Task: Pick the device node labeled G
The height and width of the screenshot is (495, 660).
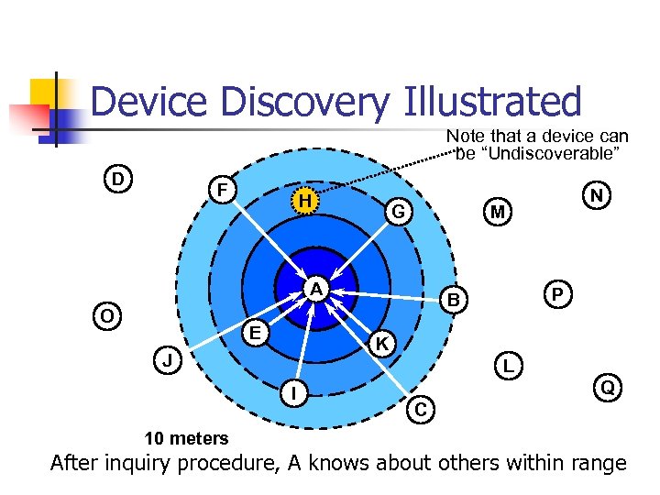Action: [x=398, y=211]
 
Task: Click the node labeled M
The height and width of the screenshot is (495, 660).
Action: [x=497, y=212]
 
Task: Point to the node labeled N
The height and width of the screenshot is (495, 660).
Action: [x=597, y=195]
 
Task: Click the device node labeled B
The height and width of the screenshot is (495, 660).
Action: [x=452, y=299]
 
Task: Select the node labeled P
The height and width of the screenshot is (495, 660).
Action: [x=557, y=292]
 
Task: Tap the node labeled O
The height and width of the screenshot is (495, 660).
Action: [x=107, y=315]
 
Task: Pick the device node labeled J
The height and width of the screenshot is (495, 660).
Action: [x=168, y=360]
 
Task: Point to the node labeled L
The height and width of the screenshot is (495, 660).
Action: [x=508, y=365]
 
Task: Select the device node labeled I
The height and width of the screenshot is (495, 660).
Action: [x=292, y=393]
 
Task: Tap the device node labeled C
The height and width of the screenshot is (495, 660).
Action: [x=420, y=409]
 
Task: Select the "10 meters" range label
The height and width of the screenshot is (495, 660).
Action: [x=186, y=438]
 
